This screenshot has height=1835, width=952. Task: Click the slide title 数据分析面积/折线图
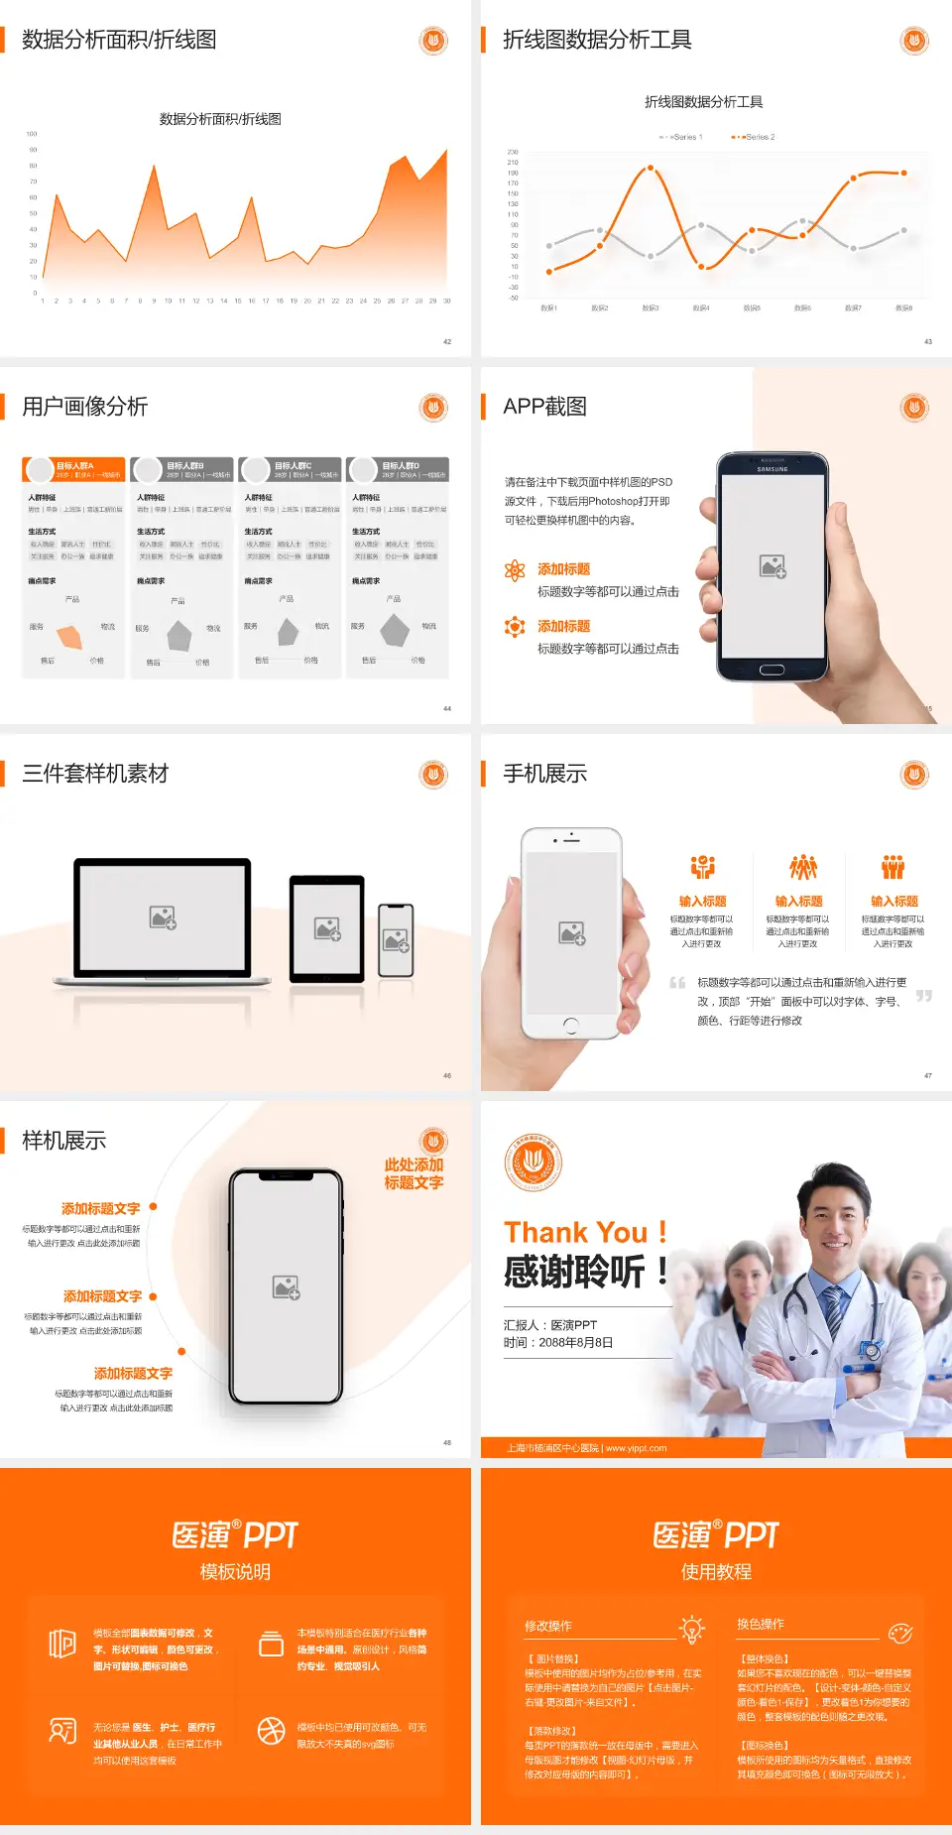119,40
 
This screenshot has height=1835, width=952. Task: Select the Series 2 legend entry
756,137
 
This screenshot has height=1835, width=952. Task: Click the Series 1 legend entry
682,137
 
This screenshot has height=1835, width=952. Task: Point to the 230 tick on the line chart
513,152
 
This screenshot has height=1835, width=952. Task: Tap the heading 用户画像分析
85,407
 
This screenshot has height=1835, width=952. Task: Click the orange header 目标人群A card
74,469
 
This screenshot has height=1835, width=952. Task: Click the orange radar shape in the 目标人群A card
70,635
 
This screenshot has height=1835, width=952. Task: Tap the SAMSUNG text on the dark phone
773,469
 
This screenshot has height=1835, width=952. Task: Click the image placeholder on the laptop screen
163,917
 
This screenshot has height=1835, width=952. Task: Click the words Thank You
575,1232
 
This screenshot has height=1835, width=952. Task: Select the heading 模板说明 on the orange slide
235,1571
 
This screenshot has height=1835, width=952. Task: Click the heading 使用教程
716,1571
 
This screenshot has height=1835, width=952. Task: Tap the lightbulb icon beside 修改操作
691,1629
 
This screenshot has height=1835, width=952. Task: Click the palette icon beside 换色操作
900,1633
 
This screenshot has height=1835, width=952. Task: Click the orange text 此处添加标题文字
414,1173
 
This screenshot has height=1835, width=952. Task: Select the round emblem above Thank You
534,1162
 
